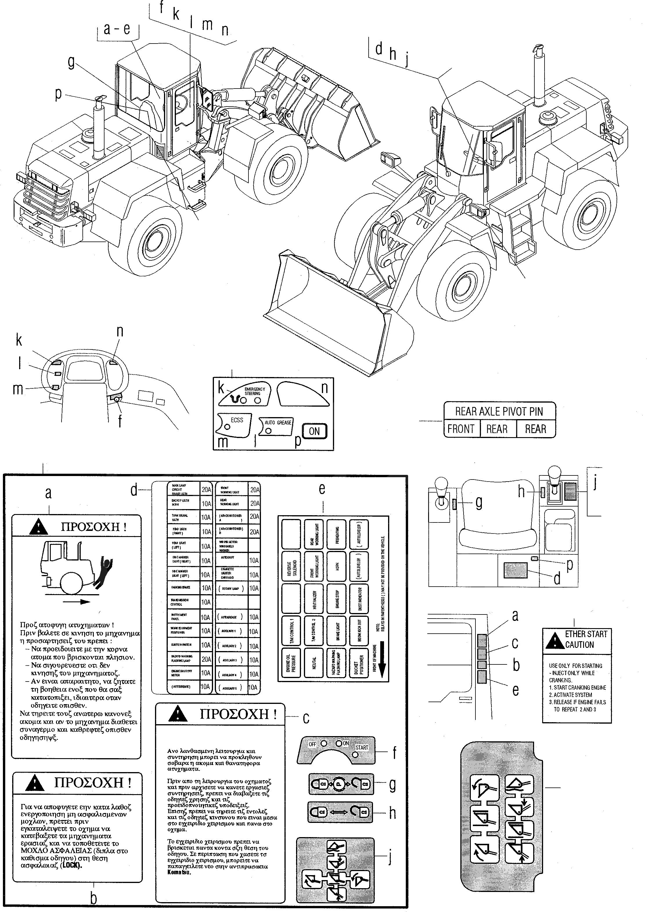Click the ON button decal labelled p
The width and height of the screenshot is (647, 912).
tap(314, 431)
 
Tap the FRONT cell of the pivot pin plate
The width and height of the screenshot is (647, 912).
tap(461, 429)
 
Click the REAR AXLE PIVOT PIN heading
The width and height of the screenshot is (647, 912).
tap(499, 412)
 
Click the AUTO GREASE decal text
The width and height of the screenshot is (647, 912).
tap(278, 423)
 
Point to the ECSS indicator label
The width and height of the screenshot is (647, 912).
tap(237, 420)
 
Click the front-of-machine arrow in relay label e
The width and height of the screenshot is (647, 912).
tap(382, 665)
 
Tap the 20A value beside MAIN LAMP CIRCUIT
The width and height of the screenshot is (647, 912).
tap(206, 490)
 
